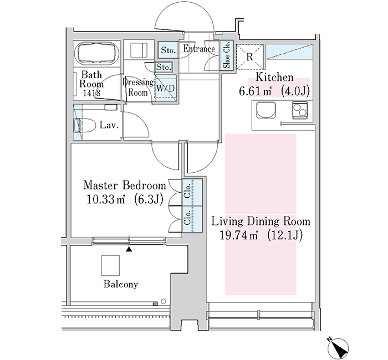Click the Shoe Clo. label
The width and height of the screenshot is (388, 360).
pos(226,55)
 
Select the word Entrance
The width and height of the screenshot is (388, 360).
pos(199,49)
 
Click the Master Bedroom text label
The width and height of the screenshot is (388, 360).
pos(124,185)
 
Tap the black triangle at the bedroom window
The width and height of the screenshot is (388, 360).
pos(130,250)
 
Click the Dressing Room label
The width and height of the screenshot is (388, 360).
pos(137,88)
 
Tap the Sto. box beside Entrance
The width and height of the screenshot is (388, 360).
pos(169,50)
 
